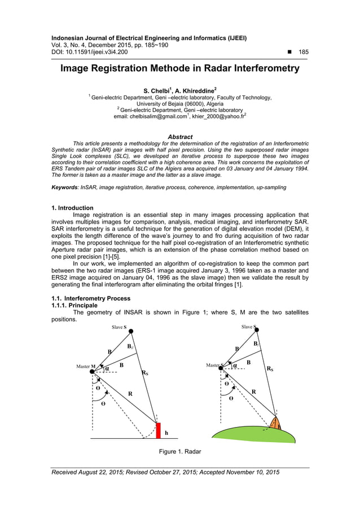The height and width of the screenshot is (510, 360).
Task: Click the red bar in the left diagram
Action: pos(159,430)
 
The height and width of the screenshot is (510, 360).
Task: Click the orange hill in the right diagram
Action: pos(275,424)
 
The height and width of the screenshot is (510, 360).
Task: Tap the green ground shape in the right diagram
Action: pos(254,435)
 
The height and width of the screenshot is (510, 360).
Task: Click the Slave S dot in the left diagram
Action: pos(131,332)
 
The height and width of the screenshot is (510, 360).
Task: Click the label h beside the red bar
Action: pos(166,434)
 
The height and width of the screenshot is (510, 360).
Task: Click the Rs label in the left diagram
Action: pos(145,373)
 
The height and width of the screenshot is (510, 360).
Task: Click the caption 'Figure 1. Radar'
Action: pos(180,451)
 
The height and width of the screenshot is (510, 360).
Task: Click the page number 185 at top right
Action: pos(303,52)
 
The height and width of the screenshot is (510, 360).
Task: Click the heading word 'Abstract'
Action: pos(180,137)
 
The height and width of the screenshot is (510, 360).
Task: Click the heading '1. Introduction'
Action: pos(72,208)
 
